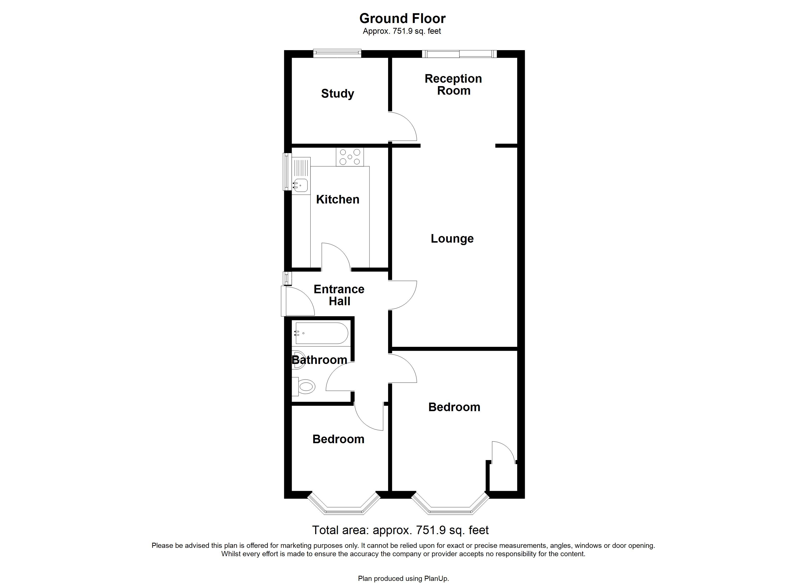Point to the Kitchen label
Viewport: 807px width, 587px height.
[x=337, y=199]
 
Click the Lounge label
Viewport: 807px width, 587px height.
[x=452, y=238]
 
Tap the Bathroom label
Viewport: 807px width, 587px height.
[x=319, y=360]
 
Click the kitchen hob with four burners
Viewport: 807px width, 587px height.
[x=350, y=157]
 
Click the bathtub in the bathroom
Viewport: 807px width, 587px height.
[x=321, y=333]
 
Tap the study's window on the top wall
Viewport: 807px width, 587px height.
[x=337, y=53]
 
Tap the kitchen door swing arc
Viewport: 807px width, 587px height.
[x=336, y=256]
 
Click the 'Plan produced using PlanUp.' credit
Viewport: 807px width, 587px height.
[x=403, y=578]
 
